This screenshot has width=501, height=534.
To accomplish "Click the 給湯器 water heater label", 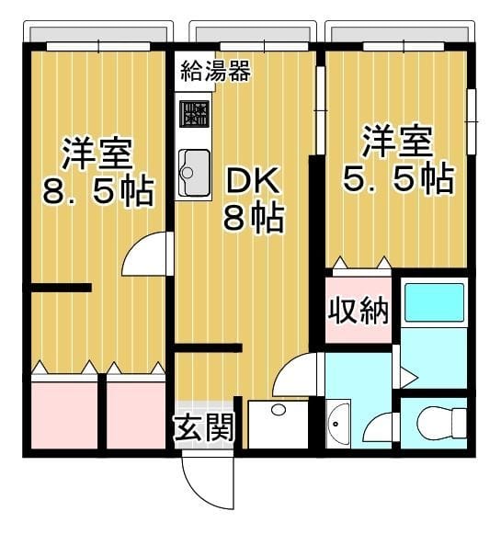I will tap(215, 70).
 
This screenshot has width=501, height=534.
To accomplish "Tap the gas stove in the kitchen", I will tap(194, 114).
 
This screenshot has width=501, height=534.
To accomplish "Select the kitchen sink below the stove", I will tap(194, 171).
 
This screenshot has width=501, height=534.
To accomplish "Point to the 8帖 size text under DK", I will tap(252, 219).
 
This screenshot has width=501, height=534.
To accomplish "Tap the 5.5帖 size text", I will tap(398, 178).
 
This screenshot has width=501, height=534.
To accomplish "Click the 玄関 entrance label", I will tap(203, 427).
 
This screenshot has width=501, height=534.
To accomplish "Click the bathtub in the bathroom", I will tap(434, 303).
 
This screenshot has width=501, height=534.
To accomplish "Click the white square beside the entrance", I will tap(279, 424).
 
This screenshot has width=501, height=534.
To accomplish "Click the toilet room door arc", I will tap(382, 427).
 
